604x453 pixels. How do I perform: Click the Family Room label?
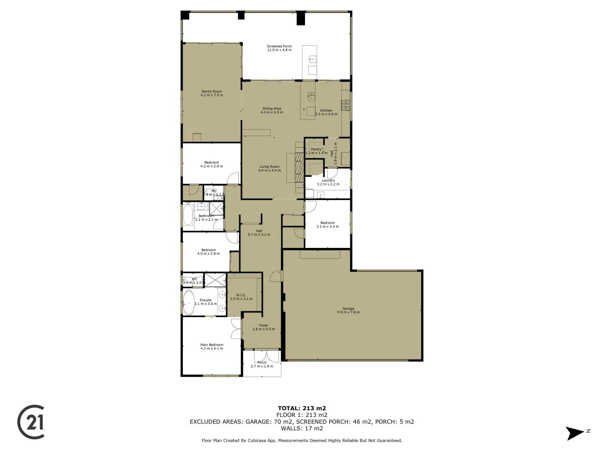212,93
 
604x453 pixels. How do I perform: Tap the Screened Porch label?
279,48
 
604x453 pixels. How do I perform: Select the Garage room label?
348,310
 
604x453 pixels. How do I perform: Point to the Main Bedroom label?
212,346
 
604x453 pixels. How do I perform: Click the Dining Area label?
272,110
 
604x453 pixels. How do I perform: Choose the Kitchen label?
326,112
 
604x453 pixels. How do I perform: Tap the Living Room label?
269,168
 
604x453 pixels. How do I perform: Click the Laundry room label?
328,182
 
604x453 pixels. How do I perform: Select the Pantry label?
316,151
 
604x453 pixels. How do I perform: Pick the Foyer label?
263,327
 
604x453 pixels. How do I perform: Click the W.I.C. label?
241,297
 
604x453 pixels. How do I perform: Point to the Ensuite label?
206,302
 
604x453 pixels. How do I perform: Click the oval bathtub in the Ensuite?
189,302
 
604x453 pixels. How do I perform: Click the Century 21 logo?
31,422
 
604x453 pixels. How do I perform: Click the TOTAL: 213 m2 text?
302,408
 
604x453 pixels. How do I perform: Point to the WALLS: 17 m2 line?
302,428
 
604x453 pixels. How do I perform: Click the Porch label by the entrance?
262,364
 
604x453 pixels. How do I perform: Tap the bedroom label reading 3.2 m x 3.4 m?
328,225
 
